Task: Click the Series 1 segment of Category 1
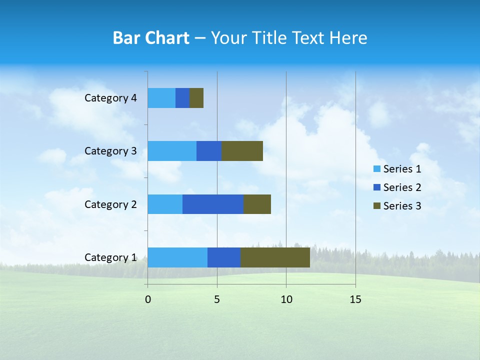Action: tap(177, 257)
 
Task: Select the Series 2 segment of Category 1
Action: tap(224, 257)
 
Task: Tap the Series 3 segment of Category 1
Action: tap(275, 257)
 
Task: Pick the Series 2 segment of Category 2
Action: tap(213, 204)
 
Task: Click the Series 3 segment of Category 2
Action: tap(257, 204)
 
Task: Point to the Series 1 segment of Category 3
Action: tap(172, 151)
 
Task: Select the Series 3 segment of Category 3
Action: tap(242, 151)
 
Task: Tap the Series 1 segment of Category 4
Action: tap(161, 98)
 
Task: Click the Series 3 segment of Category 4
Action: tap(196, 98)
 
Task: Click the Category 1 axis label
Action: tap(110, 257)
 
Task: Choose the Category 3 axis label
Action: tap(110, 151)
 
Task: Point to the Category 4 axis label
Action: tap(110, 98)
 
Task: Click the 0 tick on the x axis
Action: tap(148, 299)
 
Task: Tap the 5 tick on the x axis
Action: tap(217, 299)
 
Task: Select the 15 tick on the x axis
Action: tap(355, 299)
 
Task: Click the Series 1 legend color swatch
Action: tap(377, 169)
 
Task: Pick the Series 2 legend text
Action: tap(402, 187)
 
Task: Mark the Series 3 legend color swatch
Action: tap(377, 206)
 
